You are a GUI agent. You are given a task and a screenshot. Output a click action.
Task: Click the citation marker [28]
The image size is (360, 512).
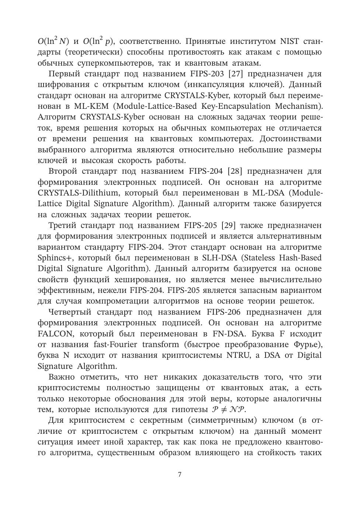tap(235, 171)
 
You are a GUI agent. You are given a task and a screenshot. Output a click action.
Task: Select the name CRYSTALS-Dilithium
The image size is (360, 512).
tap(79, 193)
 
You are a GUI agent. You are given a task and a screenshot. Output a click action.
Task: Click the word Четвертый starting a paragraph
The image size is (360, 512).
tap(70, 312)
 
